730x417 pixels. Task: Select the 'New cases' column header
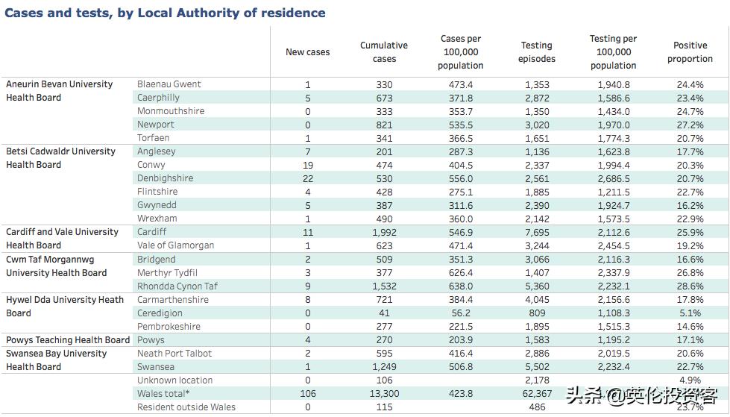coord(307,52)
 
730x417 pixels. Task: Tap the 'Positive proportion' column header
coord(690,52)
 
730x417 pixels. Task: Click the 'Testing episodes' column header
coord(536,52)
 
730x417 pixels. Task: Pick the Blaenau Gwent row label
coord(169,84)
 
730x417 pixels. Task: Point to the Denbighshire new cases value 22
coord(307,179)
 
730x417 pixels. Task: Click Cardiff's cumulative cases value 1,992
coord(384,233)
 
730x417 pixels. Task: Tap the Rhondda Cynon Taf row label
coord(177,286)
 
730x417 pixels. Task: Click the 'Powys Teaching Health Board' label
coord(68,340)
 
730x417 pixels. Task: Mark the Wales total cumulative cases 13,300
coord(384,394)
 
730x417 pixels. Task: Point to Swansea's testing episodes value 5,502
coord(536,367)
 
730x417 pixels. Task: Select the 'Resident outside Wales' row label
coord(186,407)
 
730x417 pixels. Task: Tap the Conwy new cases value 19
coord(307,166)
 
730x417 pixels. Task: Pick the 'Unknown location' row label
coord(174,380)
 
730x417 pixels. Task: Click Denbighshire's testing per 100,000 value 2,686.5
coord(613,179)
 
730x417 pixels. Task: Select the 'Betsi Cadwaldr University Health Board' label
coord(60,158)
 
